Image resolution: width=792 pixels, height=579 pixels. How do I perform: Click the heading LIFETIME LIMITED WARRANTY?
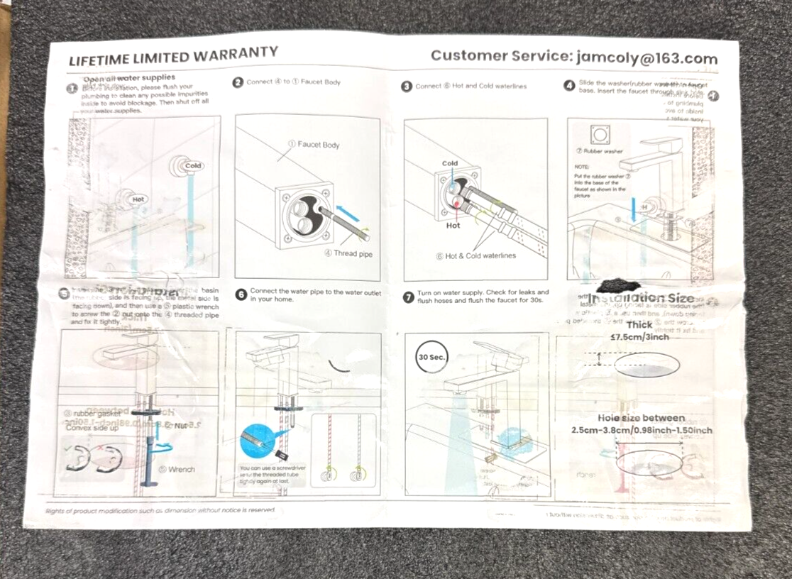coord(173,56)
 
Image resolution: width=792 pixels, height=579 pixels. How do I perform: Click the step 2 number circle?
coord(239,82)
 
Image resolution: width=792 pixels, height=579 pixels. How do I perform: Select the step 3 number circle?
coord(407,87)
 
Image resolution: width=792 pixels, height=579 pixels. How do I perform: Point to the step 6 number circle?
coord(241,294)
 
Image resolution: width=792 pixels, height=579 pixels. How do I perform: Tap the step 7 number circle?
coord(408,297)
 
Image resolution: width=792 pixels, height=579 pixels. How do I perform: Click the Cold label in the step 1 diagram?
coord(193,166)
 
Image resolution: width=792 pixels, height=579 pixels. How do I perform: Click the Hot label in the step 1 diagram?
coord(138,199)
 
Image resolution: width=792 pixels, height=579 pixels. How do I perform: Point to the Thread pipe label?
coord(353,253)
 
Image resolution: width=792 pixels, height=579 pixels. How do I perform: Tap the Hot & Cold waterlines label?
coord(475,255)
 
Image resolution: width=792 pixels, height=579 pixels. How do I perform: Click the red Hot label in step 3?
coord(453,226)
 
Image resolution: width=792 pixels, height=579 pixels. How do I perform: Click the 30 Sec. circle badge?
coord(431,357)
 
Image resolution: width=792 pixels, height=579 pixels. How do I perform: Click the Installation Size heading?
coord(643,299)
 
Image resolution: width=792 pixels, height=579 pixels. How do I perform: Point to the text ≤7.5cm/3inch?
coord(639,337)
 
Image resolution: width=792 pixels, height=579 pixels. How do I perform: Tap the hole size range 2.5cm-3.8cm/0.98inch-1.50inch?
coord(642,430)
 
